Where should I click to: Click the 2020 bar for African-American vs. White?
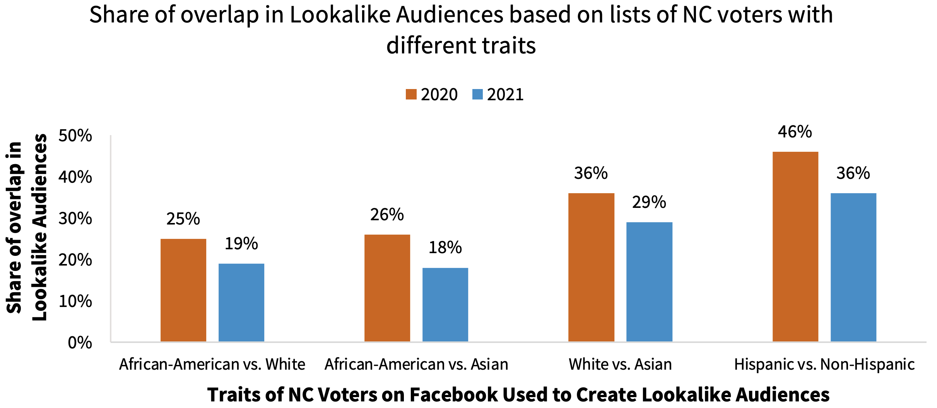click(x=183, y=290)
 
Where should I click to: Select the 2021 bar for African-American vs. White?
click(x=241, y=302)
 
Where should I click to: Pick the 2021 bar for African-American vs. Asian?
click(x=445, y=304)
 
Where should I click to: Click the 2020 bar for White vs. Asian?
click(x=591, y=267)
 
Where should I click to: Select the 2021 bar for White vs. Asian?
click(x=649, y=281)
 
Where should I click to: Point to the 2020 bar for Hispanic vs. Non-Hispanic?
click(x=795, y=246)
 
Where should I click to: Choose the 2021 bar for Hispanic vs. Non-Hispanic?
click(x=853, y=267)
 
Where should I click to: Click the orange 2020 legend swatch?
click(x=411, y=94)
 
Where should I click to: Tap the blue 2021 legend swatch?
click(x=477, y=94)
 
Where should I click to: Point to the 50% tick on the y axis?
click(x=75, y=136)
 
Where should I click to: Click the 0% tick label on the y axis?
click(x=80, y=343)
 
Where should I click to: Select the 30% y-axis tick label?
click(x=75, y=219)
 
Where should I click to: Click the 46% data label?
click(x=795, y=132)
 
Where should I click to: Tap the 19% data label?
click(x=241, y=243)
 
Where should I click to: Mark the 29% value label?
click(x=649, y=202)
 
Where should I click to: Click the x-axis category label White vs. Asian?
click(x=620, y=364)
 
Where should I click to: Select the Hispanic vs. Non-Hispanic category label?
click(x=824, y=364)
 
